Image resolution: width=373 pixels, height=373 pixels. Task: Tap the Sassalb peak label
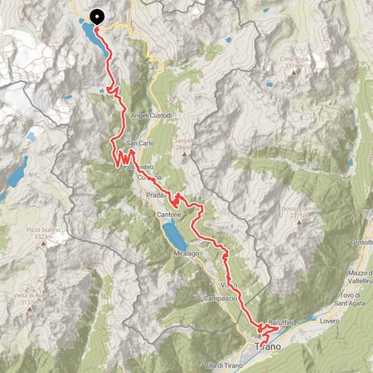pos(184,141)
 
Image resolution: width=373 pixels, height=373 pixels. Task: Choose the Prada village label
pos(156,194)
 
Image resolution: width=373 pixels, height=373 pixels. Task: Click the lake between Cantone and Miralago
pos(176,234)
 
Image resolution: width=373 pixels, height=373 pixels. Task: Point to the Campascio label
pos(220,297)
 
